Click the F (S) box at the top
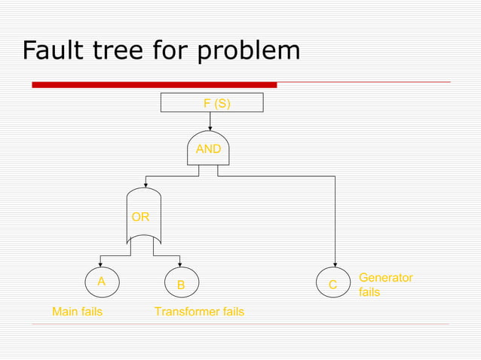(x=213, y=102)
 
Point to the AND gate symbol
(x=208, y=148)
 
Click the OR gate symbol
(x=143, y=217)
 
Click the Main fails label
(x=77, y=312)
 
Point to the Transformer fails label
(x=199, y=312)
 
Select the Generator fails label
(x=385, y=285)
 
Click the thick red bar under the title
(x=155, y=85)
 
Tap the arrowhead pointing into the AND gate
(x=209, y=127)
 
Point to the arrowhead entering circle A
(x=100, y=264)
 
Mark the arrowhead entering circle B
(x=180, y=264)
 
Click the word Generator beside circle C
(x=385, y=278)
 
